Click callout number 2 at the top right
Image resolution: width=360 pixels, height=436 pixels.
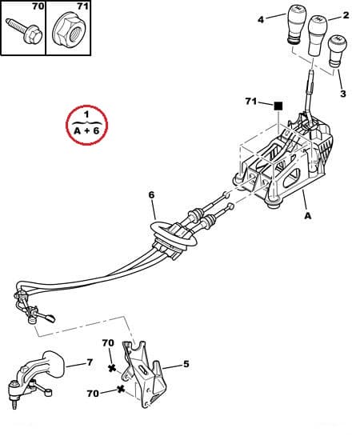coord(346,15)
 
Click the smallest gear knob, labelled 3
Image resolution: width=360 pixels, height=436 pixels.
coord(338,52)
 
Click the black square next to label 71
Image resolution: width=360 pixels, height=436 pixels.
coord(278,105)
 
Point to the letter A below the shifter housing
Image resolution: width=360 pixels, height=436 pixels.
coord(306,215)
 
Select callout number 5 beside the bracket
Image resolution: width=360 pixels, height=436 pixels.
coord(186,365)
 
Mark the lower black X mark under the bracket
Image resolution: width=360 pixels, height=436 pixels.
coord(120,390)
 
